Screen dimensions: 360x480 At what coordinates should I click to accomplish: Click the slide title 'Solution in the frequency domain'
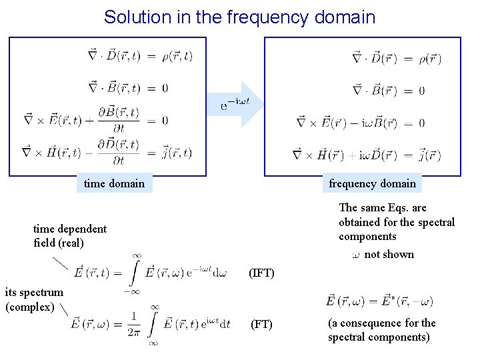tap(239, 17)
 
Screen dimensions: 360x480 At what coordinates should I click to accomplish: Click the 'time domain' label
tap(114, 183)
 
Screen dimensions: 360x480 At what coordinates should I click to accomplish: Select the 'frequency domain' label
tap(372, 183)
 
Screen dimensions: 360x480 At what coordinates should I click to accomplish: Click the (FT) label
tap(261, 325)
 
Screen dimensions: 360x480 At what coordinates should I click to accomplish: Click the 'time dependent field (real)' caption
tap(69, 235)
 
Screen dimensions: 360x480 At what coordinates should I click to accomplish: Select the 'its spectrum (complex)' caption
tap(34, 299)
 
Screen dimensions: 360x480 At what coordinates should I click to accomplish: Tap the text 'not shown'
tap(389, 254)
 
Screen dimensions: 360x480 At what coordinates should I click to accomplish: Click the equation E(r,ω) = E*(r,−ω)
tap(379, 301)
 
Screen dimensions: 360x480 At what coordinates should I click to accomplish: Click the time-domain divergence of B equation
tap(128, 87)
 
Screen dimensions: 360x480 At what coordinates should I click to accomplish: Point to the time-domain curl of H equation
tap(107, 153)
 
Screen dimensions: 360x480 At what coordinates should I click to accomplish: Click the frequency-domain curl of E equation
tap(360, 123)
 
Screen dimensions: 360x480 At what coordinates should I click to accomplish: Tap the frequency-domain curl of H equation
tap(367, 156)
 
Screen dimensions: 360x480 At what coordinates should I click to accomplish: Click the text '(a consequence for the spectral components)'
tap(381, 330)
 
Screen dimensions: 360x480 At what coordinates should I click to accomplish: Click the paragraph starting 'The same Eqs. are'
tap(397, 222)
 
